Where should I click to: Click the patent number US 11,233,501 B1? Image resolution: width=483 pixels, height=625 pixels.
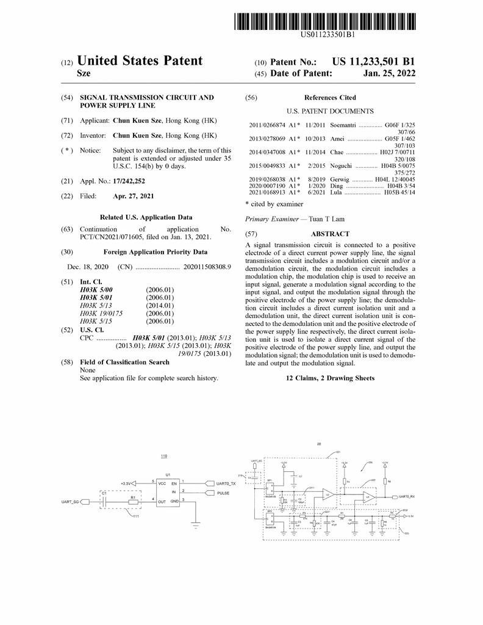[373, 62]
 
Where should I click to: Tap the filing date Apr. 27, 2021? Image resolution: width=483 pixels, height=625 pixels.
[134, 197]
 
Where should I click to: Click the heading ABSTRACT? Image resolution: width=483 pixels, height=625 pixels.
[330, 234]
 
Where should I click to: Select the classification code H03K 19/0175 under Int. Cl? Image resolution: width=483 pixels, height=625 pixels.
[101, 313]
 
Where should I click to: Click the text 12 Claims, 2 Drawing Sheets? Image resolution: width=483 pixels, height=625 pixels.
[330, 378]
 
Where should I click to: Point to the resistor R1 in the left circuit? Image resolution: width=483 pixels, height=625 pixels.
[132, 502]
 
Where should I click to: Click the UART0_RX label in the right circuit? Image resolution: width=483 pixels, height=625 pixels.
[407, 497]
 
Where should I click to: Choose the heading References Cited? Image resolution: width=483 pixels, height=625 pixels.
[330, 98]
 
